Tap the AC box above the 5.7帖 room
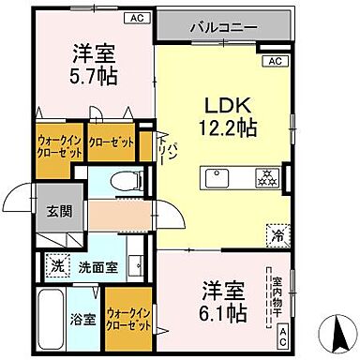(x=137, y=17)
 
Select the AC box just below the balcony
(x=275, y=62)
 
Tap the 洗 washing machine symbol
(x=58, y=265)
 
